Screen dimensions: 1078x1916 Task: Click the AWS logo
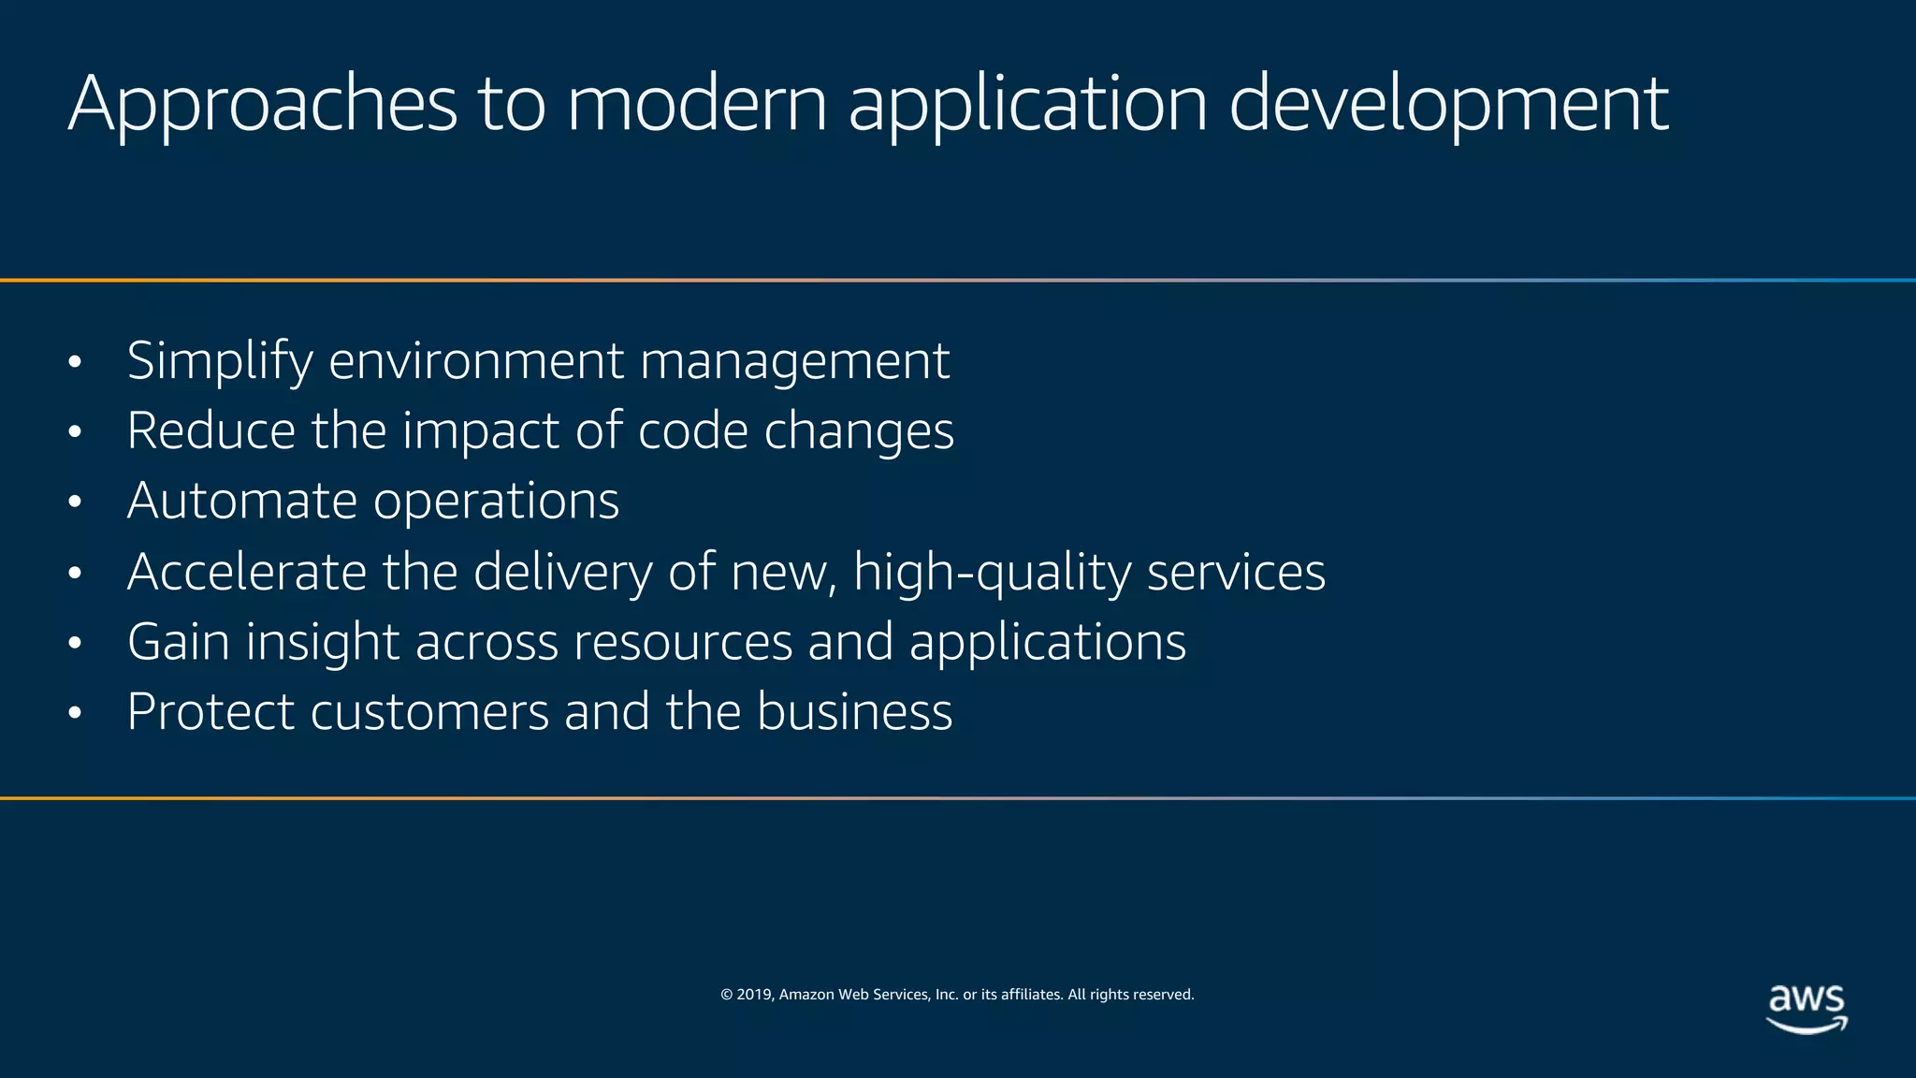coord(1807,1008)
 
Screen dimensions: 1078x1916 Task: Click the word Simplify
coord(219,361)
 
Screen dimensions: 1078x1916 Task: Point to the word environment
coord(476,361)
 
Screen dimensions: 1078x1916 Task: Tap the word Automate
coord(242,501)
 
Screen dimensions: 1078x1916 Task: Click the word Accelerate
coord(247,571)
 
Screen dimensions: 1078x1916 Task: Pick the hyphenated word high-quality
coord(992,573)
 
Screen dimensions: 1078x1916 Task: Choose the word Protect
coord(210,711)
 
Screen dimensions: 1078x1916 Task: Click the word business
coord(854,711)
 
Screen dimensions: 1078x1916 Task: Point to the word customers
coord(429,711)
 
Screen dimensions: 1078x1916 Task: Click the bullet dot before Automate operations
coord(76,503)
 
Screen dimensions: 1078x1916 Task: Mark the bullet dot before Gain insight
coord(76,643)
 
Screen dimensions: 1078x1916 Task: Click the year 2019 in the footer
coord(755,995)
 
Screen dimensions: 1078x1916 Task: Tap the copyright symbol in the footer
coord(726,995)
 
